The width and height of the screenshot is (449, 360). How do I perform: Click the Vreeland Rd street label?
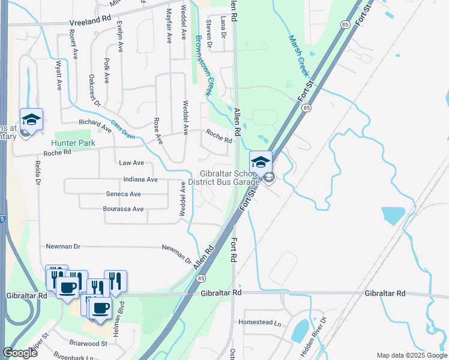pos(90,19)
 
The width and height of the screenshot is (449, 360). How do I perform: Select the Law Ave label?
pos(131,163)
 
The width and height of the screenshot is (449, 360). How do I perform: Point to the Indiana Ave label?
pos(140,179)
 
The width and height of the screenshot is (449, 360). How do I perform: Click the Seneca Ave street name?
pos(123,194)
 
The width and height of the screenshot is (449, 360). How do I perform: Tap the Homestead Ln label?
pos(260,322)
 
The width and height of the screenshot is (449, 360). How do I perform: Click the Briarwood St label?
pos(88,344)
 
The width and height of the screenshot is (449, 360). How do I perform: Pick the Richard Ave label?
pos(95,124)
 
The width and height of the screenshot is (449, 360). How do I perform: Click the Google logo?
pos(20,353)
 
